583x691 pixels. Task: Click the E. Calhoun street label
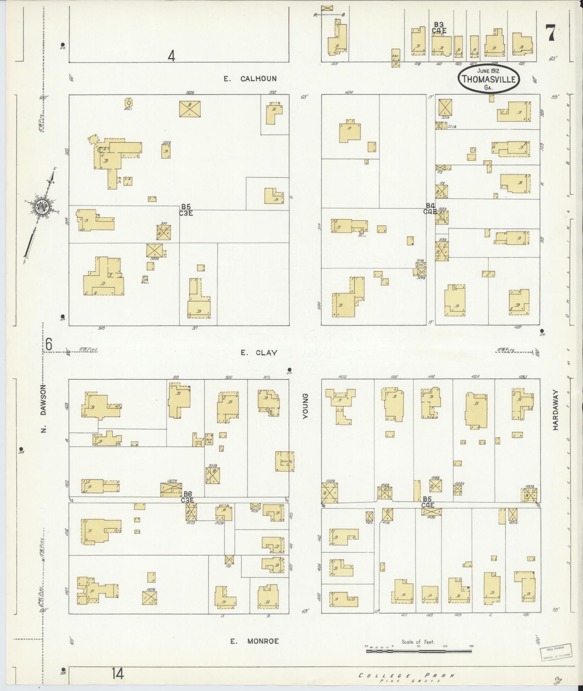click(x=250, y=79)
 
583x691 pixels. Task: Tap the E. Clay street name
click(x=259, y=353)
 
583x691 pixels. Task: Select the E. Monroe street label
click(x=255, y=641)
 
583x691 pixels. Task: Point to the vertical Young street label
click(x=305, y=406)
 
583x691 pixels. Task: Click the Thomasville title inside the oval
click(x=489, y=79)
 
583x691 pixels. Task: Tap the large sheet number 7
click(x=550, y=34)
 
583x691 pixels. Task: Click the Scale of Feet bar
click(x=419, y=651)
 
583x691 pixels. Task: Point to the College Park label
click(x=407, y=675)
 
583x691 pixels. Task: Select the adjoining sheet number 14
click(x=117, y=674)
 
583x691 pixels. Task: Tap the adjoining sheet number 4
click(x=172, y=56)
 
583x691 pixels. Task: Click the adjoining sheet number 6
click(x=49, y=344)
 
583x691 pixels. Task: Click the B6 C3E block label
click(x=187, y=497)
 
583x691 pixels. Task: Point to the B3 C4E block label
click(x=439, y=28)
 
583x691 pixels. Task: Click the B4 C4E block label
click(x=430, y=209)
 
